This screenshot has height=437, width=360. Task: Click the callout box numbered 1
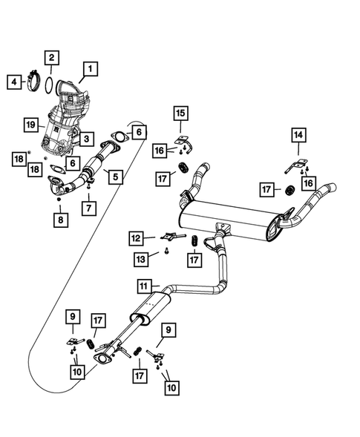click(x=90, y=70)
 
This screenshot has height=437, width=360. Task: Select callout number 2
click(x=51, y=56)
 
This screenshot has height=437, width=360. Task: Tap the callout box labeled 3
click(x=87, y=139)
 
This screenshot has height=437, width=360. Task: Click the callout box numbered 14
click(x=298, y=134)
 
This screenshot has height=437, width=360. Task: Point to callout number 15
click(x=182, y=114)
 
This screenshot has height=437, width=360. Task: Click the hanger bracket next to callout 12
click(x=169, y=237)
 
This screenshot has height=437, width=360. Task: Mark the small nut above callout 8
click(x=59, y=197)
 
